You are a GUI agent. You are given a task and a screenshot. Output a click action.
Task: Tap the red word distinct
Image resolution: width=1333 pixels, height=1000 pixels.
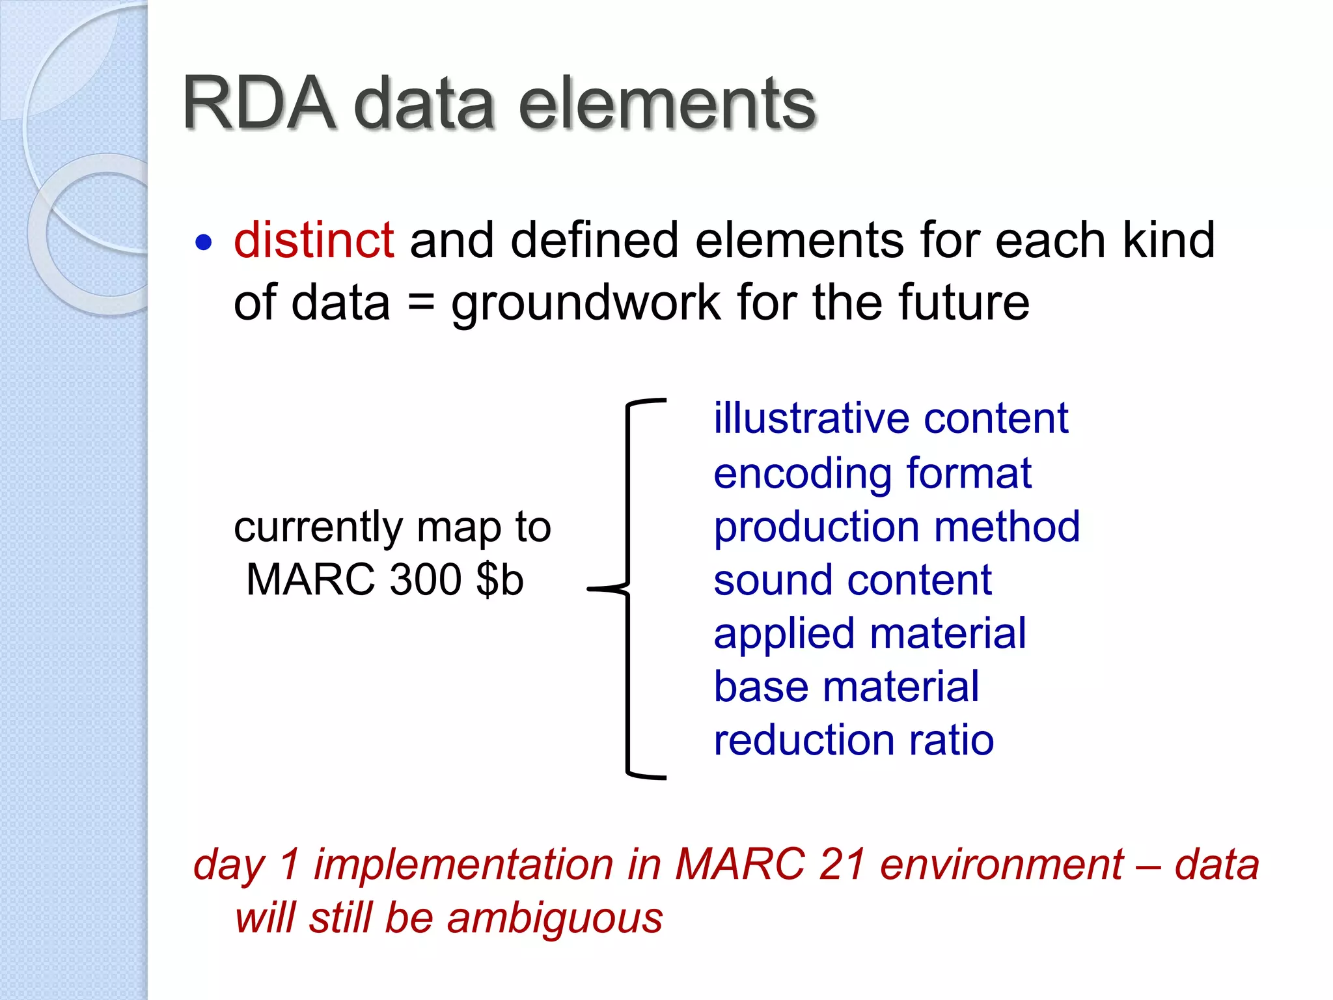pyautogui.click(x=314, y=240)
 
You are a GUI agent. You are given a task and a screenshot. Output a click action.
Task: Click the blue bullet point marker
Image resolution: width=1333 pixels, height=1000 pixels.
pyautogui.click(x=204, y=243)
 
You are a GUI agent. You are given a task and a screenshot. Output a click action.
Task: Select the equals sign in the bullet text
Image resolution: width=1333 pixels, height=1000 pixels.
pyautogui.click(x=421, y=304)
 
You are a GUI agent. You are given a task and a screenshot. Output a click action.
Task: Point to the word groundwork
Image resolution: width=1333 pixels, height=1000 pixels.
pyautogui.click(x=586, y=304)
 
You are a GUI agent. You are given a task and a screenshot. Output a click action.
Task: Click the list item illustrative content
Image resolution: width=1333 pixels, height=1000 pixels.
pyautogui.click(x=890, y=418)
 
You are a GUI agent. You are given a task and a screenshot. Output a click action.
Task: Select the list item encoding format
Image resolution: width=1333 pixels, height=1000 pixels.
pyautogui.click(x=872, y=473)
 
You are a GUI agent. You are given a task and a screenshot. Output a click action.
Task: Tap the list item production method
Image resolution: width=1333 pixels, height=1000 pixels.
pyautogui.click(x=896, y=527)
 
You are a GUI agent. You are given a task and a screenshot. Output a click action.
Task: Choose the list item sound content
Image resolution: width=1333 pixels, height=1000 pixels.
pyautogui.click(x=853, y=580)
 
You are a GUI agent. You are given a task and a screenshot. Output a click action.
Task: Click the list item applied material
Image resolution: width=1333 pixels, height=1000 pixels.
pyautogui.click(x=870, y=634)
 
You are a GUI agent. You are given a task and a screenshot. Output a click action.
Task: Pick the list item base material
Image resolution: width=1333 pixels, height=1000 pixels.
pyautogui.click(x=846, y=687)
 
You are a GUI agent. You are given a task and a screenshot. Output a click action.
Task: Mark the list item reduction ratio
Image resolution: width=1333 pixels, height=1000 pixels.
pyautogui.click(x=853, y=741)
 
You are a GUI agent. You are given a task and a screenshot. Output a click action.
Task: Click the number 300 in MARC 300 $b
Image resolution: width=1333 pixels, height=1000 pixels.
pyautogui.click(x=426, y=579)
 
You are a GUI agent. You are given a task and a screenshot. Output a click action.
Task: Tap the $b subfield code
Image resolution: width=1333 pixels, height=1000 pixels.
pyautogui.click(x=500, y=579)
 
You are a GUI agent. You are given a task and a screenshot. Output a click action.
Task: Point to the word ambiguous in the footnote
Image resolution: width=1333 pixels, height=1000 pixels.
pyautogui.click(x=555, y=919)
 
